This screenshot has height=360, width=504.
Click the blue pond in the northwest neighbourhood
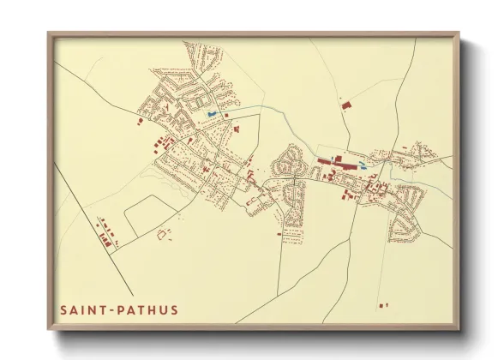pyautogui.click(x=212, y=114)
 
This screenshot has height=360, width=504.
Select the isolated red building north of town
pyautogui.click(x=347, y=105)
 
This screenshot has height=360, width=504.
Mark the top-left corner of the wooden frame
pyautogui.click(x=49, y=34)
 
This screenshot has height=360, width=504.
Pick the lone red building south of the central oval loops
pyautogui.click(x=279, y=232)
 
